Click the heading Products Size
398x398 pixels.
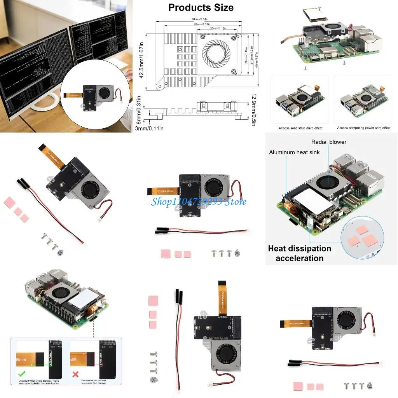[x=201, y=7]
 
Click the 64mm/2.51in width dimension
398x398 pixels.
[x=200, y=19]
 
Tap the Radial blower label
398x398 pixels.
[x=329, y=142]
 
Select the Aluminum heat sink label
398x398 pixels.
[x=294, y=152]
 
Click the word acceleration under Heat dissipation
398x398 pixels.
[x=299, y=258]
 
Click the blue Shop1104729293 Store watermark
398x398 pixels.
[x=199, y=201]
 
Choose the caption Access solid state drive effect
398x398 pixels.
[x=300, y=128]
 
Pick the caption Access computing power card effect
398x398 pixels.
[x=364, y=128]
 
